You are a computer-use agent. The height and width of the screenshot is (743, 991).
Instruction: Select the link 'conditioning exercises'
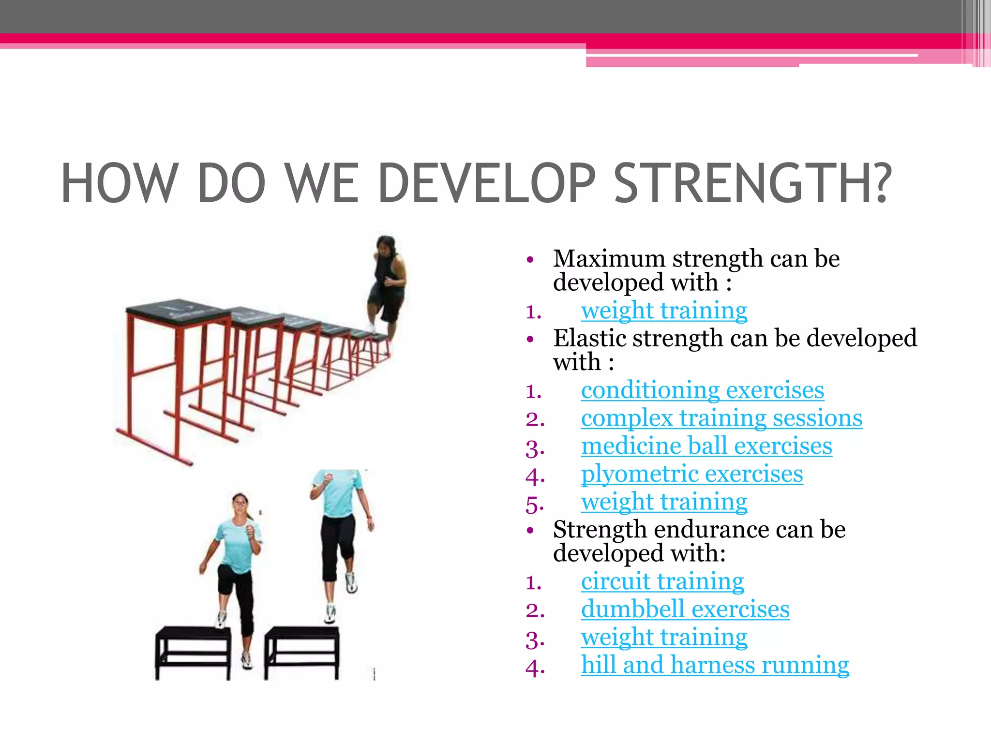[x=702, y=390]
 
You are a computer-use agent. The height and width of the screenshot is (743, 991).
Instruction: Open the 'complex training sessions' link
[x=721, y=418]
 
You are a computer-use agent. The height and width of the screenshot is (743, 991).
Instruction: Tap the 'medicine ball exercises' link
[x=706, y=446]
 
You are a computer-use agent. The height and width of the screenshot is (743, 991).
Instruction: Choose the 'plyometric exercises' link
[x=692, y=474]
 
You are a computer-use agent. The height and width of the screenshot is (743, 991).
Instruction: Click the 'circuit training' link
[x=662, y=581]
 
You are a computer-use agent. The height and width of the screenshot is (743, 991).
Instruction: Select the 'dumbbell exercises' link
[x=685, y=609]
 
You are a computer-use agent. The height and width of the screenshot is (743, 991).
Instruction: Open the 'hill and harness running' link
[x=715, y=665]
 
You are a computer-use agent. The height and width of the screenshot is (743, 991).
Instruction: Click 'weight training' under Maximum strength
[x=664, y=311]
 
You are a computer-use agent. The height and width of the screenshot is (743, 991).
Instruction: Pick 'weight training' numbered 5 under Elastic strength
[x=664, y=502]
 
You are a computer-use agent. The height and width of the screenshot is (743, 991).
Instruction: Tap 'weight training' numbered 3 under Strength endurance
[x=664, y=638]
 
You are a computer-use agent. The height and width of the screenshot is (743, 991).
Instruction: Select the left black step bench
[x=193, y=651]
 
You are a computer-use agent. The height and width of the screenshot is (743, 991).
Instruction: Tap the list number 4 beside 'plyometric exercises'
[x=535, y=477]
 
